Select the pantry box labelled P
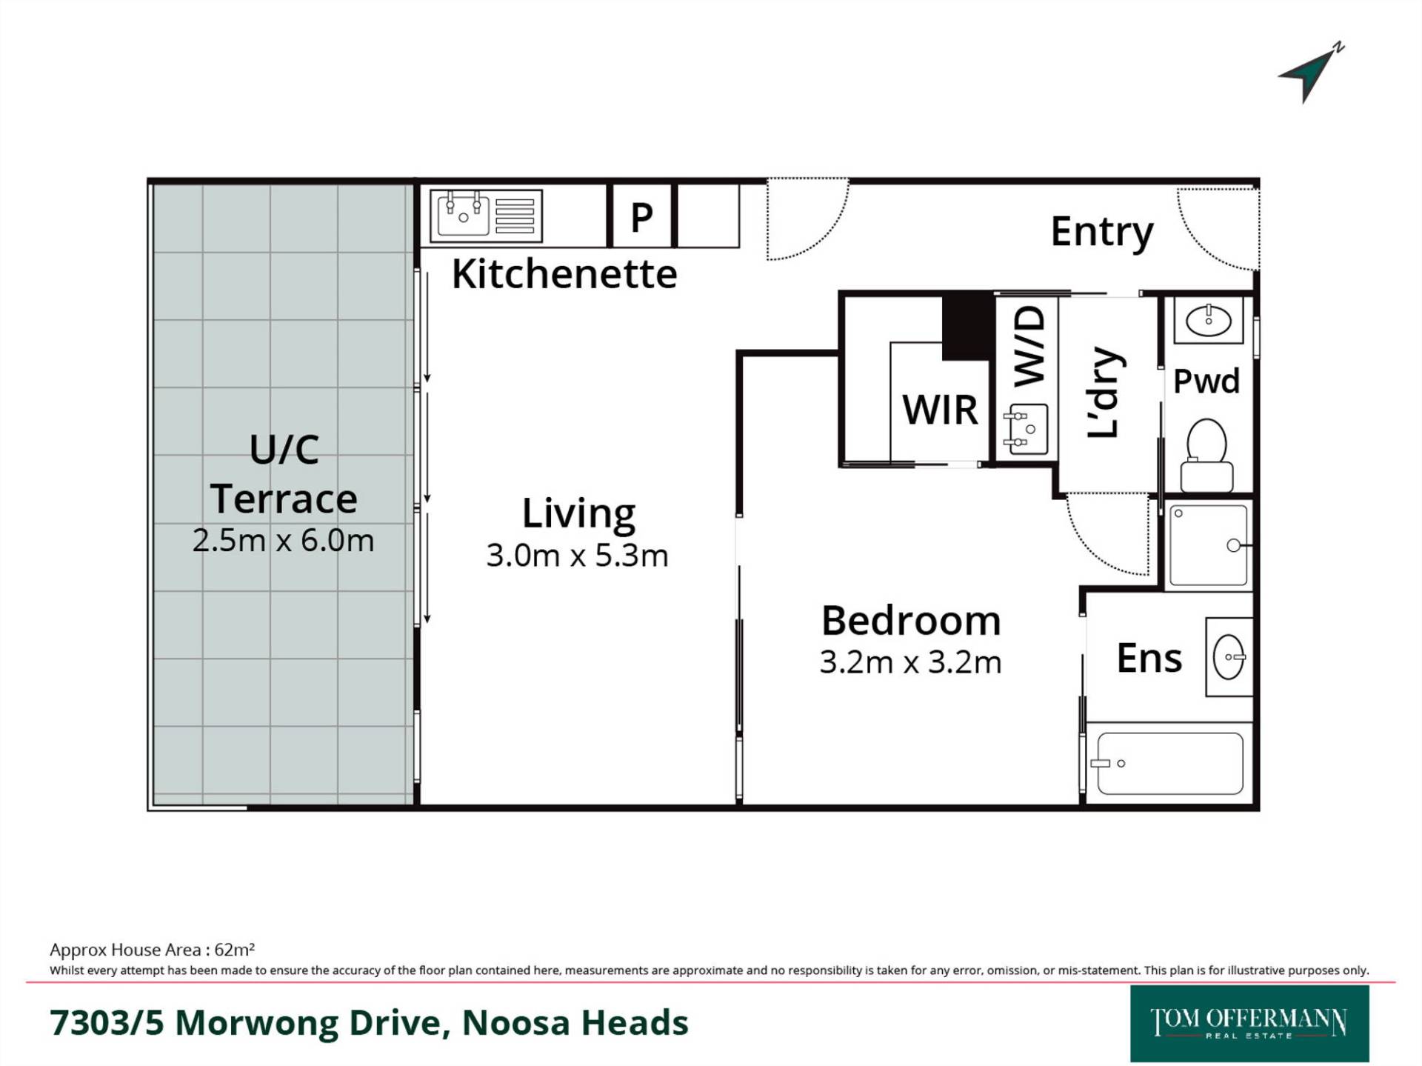[641, 216]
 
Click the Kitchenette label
[564, 274]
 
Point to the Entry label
[1102, 233]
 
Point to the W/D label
[1029, 347]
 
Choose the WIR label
[940, 410]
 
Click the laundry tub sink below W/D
[1026, 429]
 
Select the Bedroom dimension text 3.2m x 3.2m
[910, 662]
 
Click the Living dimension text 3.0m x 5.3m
[577, 556]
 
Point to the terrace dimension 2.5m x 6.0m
[283, 540]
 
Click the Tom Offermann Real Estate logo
[1249, 1023]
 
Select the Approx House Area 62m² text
[153, 950]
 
